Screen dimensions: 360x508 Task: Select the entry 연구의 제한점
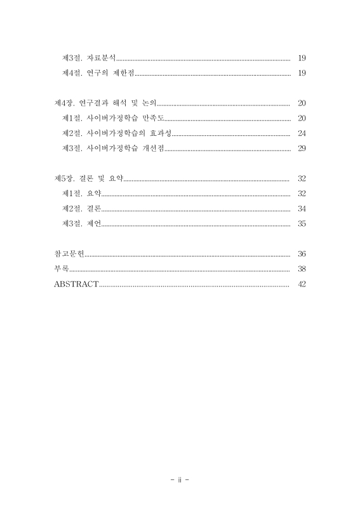click(x=112, y=73)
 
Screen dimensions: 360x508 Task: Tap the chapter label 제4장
click(x=65, y=103)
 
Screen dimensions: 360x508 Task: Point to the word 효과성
click(x=159, y=133)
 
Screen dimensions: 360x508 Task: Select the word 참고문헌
click(x=69, y=253)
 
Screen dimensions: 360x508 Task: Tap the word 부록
click(x=62, y=269)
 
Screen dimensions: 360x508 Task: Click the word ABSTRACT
click(x=76, y=284)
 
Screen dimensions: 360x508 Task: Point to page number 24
click(x=302, y=133)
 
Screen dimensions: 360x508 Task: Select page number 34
click(x=302, y=208)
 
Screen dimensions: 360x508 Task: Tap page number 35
click(x=302, y=224)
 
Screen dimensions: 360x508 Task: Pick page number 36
click(x=302, y=253)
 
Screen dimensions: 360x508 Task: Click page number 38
click(x=302, y=269)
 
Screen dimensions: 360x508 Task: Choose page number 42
click(x=302, y=284)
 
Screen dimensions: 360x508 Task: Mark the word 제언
click(x=94, y=224)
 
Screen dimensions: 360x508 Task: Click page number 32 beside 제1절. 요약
click(x=302, y=193)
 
